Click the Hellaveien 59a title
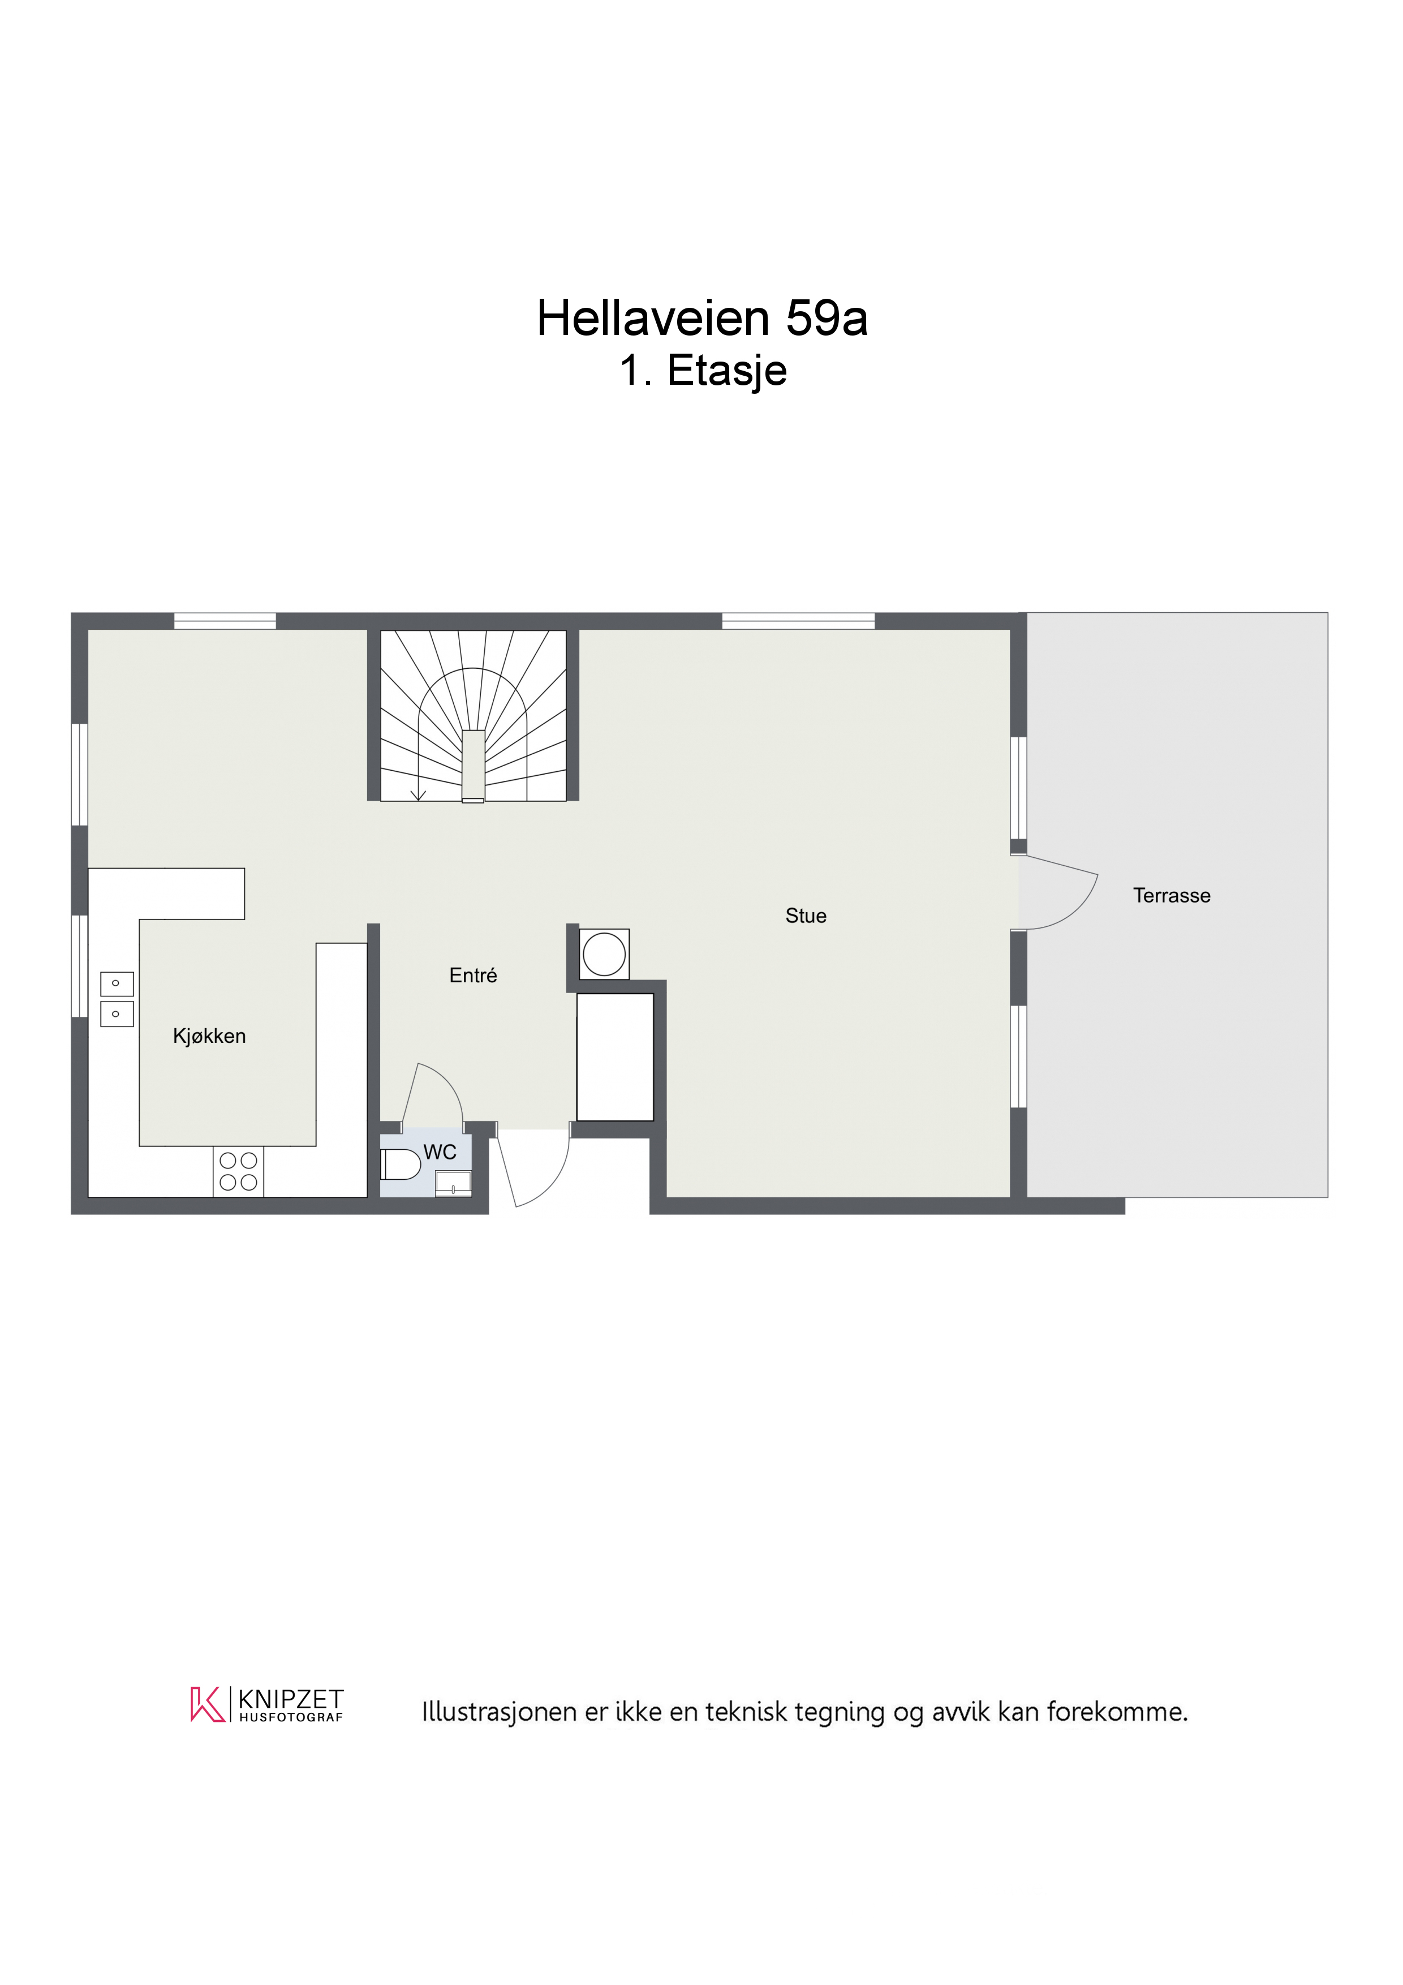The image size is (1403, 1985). [x=702, y=318]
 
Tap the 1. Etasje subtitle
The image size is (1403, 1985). [x=703, y=371]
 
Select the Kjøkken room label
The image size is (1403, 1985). [x=209, y=1036]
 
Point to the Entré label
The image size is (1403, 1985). [x=473, y=975]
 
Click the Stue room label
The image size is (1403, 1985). [x=806, y=916]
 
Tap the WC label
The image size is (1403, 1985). [x=440, y=1153]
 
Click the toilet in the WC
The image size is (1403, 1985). [x=400, y=1165]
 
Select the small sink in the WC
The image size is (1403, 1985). [x=453, y=1183]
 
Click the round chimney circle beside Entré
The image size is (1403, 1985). [x=604, y=955]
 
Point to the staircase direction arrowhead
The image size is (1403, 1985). [x=419, y=796]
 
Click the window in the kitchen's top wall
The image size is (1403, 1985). [x=225, y=621]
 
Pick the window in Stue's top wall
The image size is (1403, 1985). [x=798, y=621]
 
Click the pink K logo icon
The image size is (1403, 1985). [x=208, y=1704]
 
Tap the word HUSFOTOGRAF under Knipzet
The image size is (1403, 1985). [x=291, y=1717]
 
